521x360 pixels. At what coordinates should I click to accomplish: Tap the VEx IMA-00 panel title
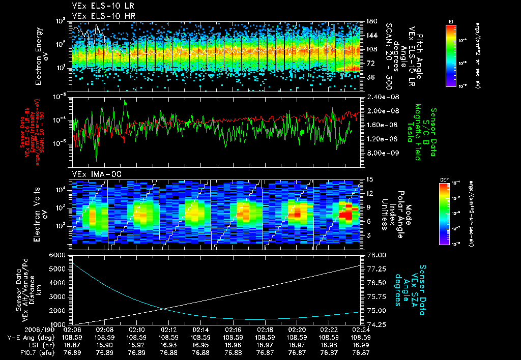click(x=92, y=174)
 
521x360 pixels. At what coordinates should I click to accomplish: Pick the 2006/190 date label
click(x=20, y=329)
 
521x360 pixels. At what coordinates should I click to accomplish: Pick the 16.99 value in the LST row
click(x=361, y=344)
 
